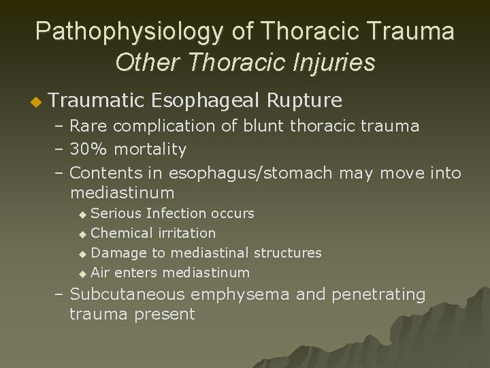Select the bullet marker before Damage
tap(83, 254)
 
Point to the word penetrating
tap(380, 295)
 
